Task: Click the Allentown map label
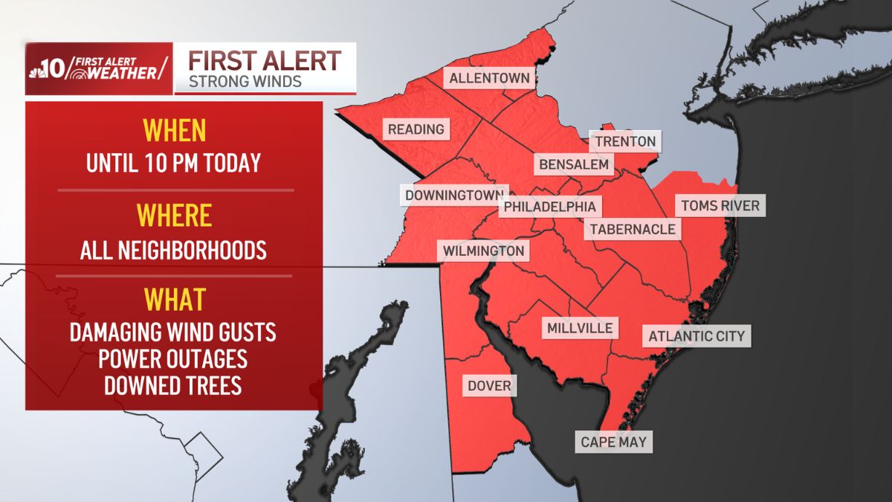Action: [x=489, y=78]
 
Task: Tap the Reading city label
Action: [x=416, y=129]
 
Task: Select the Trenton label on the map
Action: [x=625, y=141]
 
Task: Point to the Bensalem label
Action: [x=573, y=164]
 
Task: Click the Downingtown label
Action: [x=454, y=196]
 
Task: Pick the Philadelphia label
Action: [x=550, y=206]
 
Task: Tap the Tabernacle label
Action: [x=633, y=229]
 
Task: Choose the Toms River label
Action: [x=720, y=205]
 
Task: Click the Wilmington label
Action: [x=483, y=251]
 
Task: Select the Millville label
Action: [x=580, y=328]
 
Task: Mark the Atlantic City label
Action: [x=697, y=336]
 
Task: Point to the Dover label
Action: [x=489, y=386]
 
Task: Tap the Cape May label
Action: [x=614, y=443]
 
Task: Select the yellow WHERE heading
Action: [x=174, y=216]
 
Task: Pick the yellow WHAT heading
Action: [x=174, y=300]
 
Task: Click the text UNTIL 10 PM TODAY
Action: [x=174, y=163]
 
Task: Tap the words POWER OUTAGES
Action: [x=174, y=358]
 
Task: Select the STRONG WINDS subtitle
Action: [x=245, y=81]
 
